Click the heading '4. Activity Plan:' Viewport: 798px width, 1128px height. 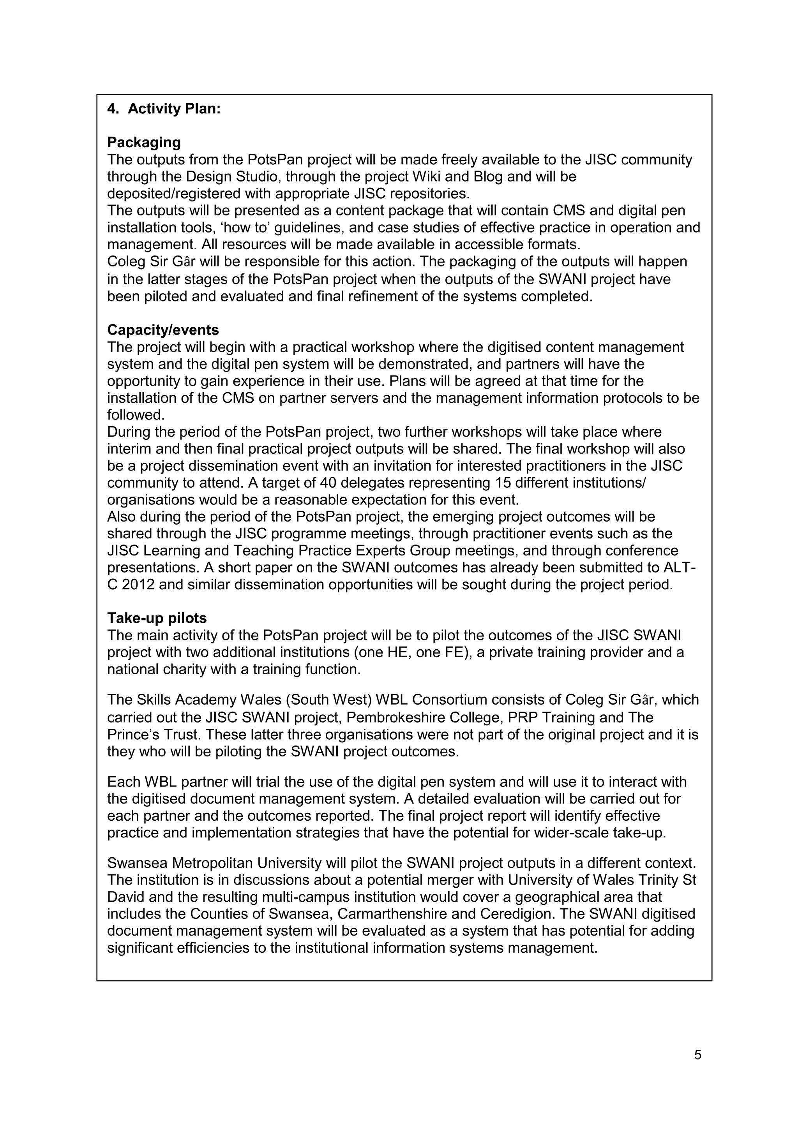[164, 109]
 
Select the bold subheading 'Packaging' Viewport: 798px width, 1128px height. [144, 143]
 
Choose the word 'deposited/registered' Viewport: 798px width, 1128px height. [178, 194]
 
